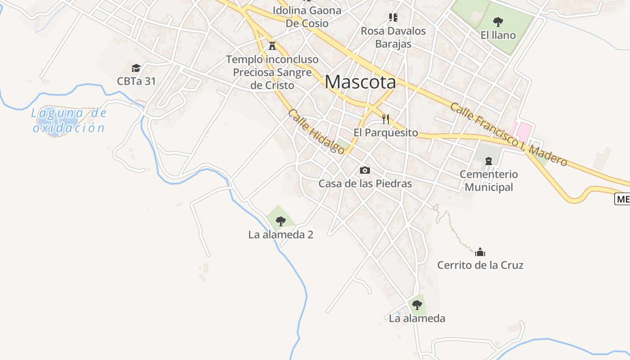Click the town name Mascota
click(x=360, y=82)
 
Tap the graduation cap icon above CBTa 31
click(x=136, y=68)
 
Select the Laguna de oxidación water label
click(x=69, y=120)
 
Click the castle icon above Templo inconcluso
click(x=272, y=45)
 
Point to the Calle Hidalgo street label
click(x=316, y=131)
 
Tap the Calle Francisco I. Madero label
click(x=508, y=134)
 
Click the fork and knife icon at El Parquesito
click(x=385, y=119)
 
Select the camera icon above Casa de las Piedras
click(x=365, y=170)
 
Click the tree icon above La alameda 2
click(x=280, y=221)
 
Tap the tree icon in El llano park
click(x=498, y=22)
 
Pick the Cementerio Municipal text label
click(x=489, y=180)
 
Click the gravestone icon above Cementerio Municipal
click(x=488, y=161)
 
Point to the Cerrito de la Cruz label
click(x=480, y=265)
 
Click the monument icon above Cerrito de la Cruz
click(x=480, y=252)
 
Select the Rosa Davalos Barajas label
click(x=393, y=37)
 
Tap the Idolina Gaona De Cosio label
click(x=307, y=16)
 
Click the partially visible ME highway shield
click(x=623, y=199)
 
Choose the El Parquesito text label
click(x=386, y=133)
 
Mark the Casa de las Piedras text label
click(x=365, y=184)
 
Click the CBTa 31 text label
click(x=136, y=81)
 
